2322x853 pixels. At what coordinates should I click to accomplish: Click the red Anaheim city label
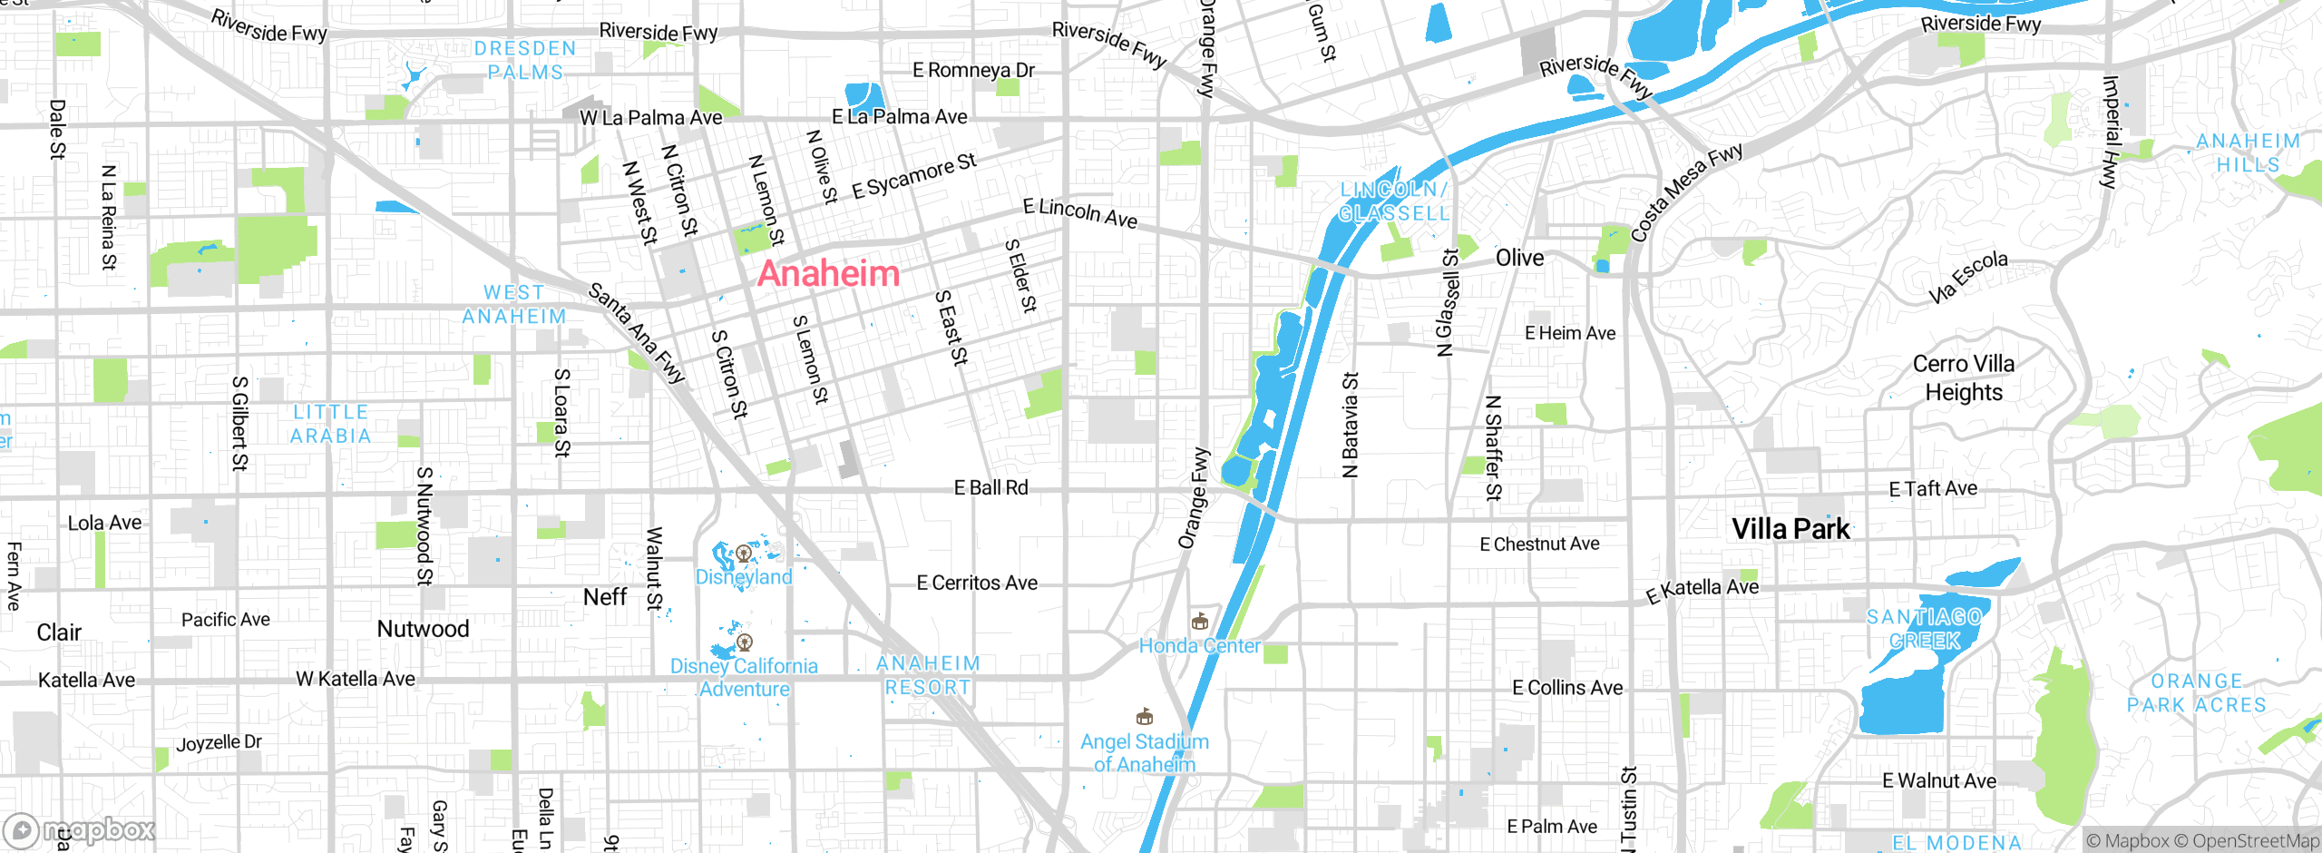828,273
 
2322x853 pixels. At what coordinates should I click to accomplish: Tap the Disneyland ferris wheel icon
744,553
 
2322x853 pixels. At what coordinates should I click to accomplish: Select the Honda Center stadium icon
1200,622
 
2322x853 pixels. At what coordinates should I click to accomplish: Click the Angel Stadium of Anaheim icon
1145,718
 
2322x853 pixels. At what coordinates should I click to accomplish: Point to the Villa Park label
1790,529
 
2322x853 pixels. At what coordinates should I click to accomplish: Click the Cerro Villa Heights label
1963,377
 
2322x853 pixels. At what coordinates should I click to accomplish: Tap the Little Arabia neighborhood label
330,424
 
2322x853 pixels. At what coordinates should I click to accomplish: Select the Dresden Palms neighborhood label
525,60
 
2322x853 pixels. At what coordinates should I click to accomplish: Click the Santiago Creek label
1924,629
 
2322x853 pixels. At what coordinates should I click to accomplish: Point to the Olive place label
1519,259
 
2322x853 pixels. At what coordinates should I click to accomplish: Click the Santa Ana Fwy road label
637,333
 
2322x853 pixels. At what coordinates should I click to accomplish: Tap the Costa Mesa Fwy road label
1685,192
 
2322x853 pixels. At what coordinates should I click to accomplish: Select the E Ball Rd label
990,488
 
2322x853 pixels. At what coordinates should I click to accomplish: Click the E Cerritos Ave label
976,583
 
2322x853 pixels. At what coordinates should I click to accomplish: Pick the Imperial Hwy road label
2111,132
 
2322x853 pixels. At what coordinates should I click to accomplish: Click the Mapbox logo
80,830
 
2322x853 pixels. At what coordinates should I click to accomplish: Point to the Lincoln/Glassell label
1393,201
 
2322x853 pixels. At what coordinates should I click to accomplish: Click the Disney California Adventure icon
745,642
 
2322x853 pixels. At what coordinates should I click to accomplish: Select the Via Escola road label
1967,277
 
